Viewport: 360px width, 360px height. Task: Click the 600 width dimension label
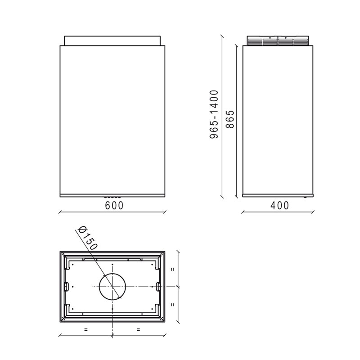[114, 206]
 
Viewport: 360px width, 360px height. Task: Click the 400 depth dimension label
[279, 206]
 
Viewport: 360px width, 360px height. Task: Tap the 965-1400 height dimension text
[214, 114]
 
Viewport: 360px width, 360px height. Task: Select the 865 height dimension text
[229, 119]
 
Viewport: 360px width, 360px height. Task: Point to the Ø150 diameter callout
[88, 238]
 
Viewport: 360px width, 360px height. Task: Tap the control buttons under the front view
[112, 197]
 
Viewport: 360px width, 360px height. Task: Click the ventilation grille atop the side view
[278, 41]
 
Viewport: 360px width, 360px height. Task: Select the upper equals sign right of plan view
[173, 269]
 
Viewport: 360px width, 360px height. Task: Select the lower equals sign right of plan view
[173, 305]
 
